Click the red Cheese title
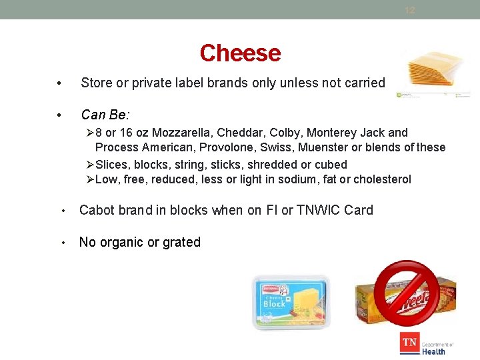tap(240, 53)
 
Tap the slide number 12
tap(409, 10)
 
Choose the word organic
tap(123, 242)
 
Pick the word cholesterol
tap(382, 179)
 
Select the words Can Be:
tap(105, 115)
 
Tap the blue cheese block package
tap(291, 301)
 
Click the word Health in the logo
tap(433, 351)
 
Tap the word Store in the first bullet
tap(97, 83)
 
